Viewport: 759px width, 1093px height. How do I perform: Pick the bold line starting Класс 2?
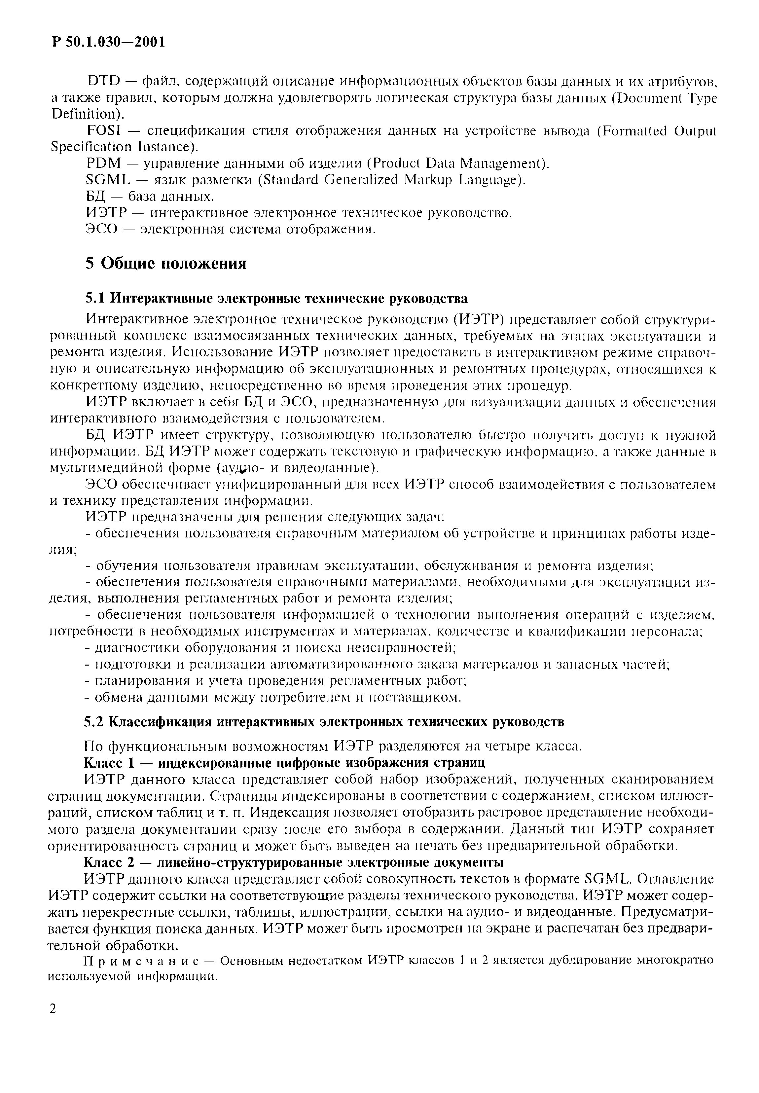(x=293, y=862)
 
